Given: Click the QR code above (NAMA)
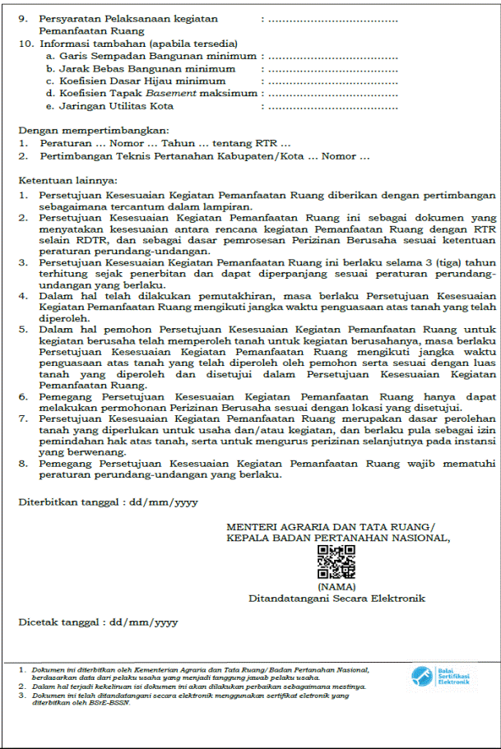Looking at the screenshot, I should pos(336,562).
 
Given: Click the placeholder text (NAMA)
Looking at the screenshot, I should pos(336,587).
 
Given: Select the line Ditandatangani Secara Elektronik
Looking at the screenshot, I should pos(337,599).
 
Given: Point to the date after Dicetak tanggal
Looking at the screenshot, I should pos(144,622).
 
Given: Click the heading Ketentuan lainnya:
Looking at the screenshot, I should pos(68,179).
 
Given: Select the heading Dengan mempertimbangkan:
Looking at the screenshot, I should pos(82,130).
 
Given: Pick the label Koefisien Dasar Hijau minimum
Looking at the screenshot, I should pos(142,81).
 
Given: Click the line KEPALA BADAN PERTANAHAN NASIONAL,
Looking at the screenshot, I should pos(338,539).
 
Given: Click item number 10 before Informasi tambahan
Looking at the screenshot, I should pos(25,43).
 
